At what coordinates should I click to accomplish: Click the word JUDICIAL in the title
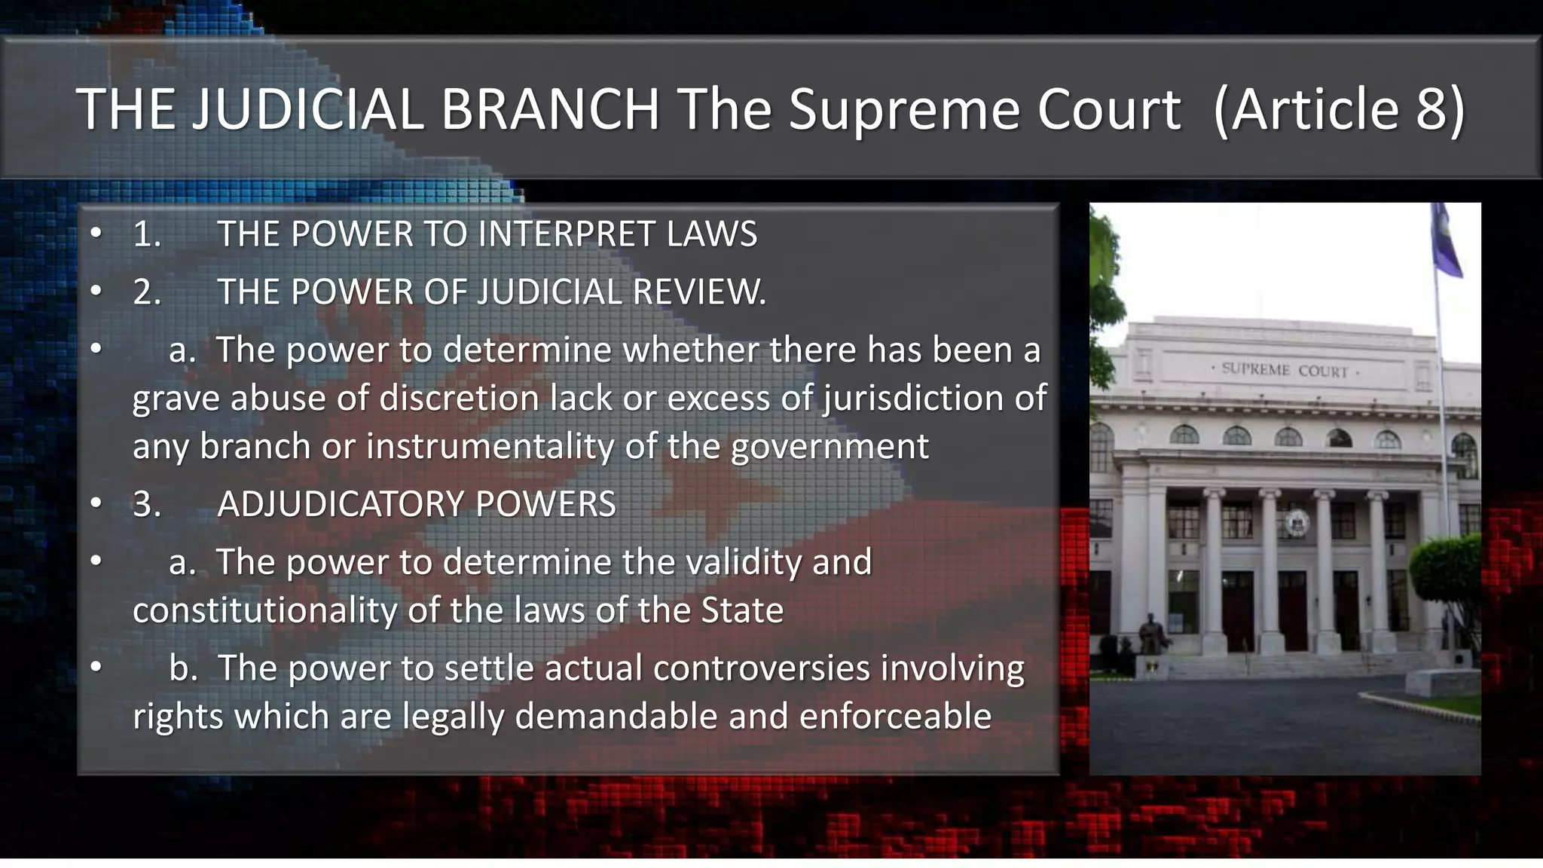click(x=308, y=109)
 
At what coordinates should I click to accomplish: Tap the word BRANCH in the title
click(x=550, y=109)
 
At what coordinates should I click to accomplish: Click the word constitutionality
click(x=264, y=610)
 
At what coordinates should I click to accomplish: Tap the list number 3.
click(x=146, y=504)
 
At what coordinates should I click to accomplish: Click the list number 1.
click(x=146, y=234)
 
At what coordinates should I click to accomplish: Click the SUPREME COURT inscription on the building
click(x=1285, y=370)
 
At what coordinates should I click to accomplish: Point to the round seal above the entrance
click(x=1297, y=522)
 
